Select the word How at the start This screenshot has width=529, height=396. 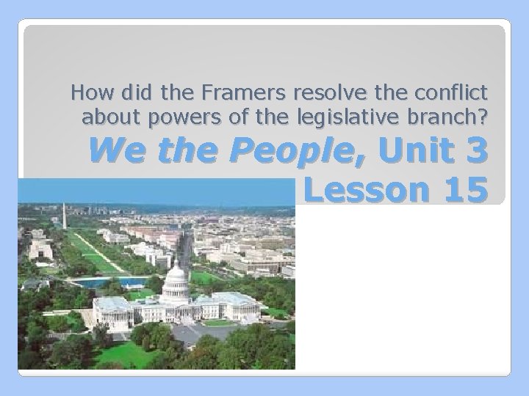(88, 93)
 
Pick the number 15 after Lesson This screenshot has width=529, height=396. (459, 190)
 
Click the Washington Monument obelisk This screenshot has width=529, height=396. (64, 217)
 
